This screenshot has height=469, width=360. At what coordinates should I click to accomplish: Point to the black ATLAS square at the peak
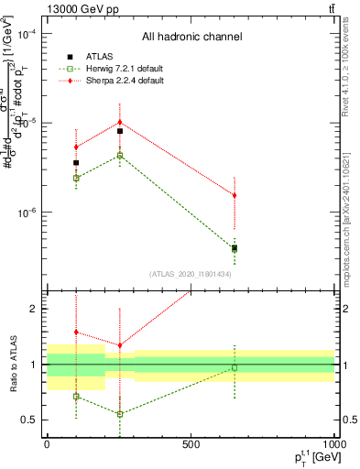120,131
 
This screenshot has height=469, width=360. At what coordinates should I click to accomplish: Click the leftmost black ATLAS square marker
76,163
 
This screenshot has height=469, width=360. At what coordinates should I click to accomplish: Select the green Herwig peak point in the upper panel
120,156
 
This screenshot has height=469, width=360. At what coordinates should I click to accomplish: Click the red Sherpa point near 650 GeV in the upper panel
235,195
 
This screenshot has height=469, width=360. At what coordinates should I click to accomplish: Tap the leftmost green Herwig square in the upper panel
76,178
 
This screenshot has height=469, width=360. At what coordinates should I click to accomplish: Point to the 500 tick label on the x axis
191,443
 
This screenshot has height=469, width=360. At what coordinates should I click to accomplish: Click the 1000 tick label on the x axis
333,443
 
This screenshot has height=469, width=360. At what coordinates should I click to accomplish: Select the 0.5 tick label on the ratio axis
29,420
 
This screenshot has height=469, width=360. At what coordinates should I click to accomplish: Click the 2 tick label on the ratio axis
34,309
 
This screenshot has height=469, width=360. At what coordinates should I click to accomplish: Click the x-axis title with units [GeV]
311,457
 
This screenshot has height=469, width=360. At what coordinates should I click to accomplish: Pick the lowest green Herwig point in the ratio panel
120,414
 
